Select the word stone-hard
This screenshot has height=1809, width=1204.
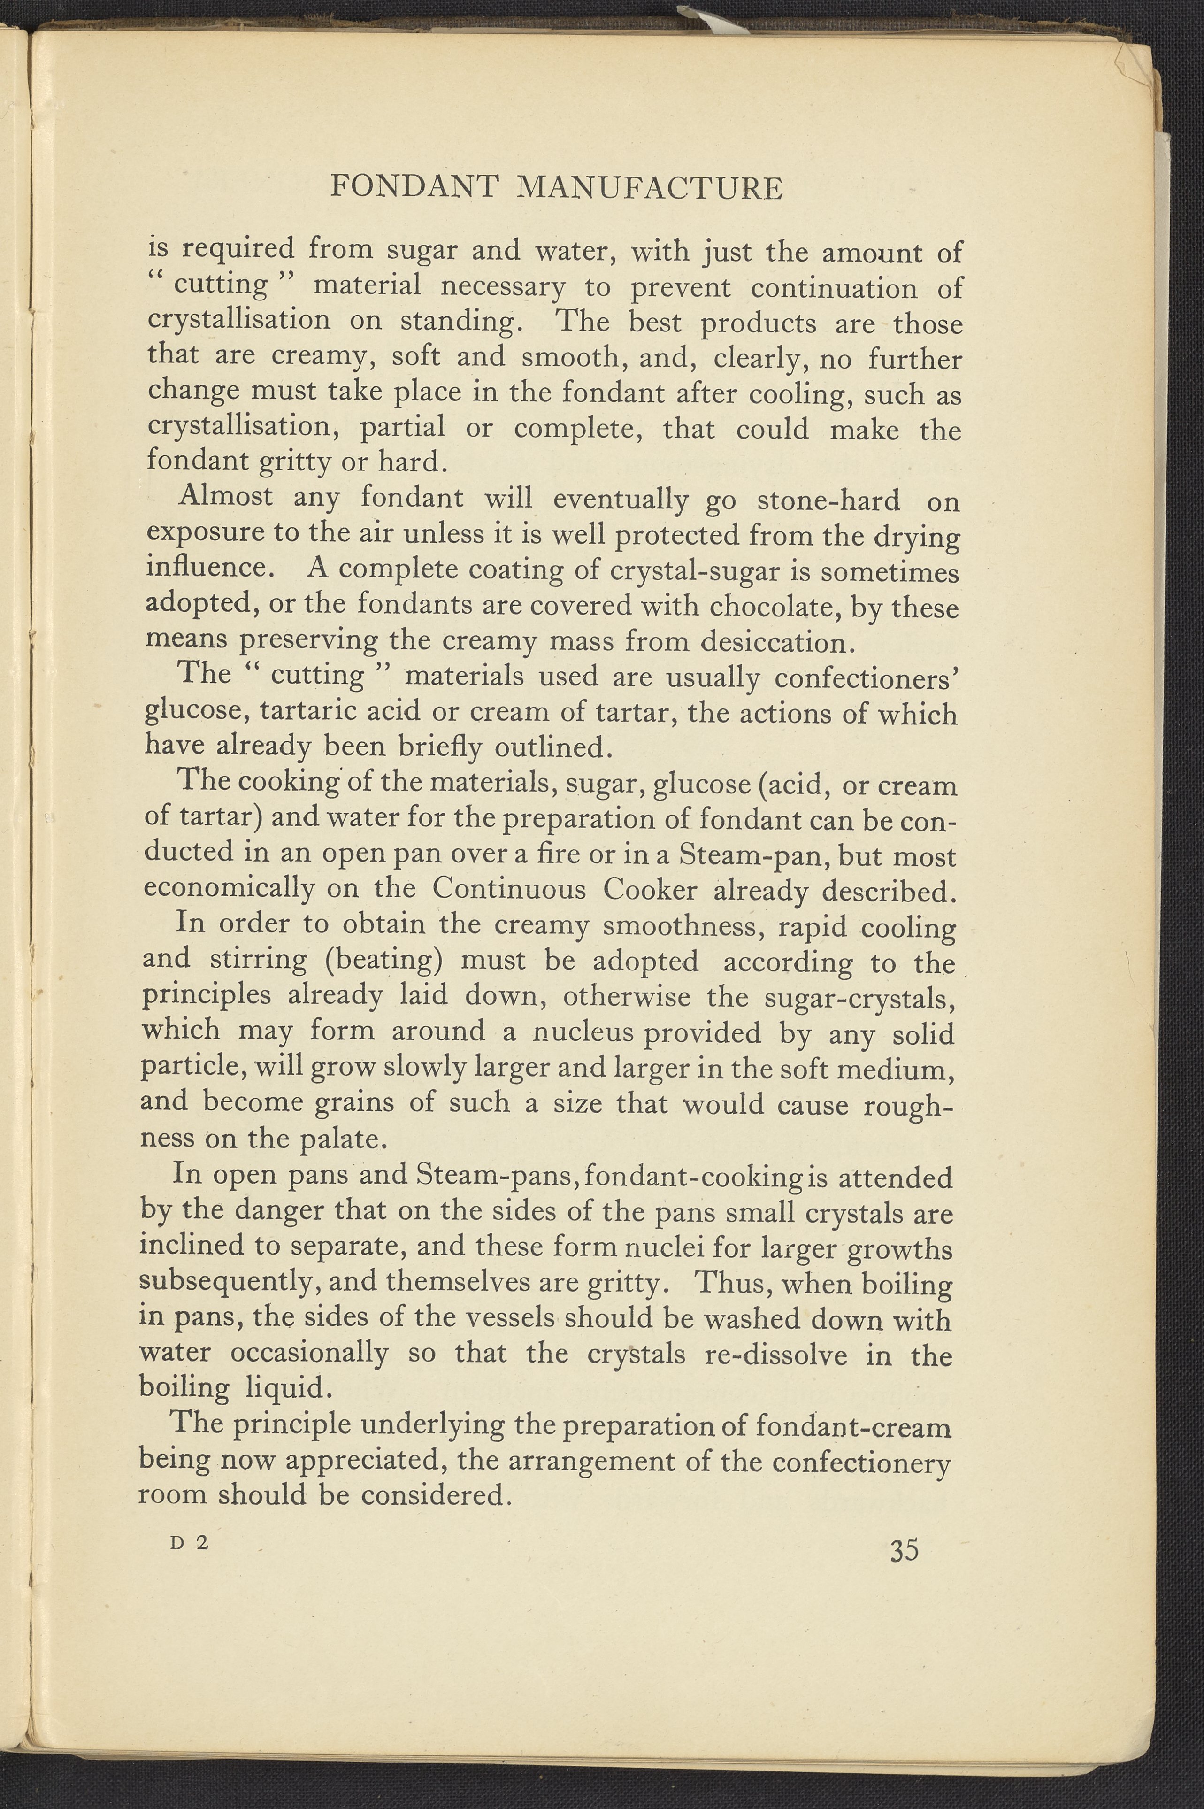click(828, 500)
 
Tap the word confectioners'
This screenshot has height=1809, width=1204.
click(866, 678)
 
